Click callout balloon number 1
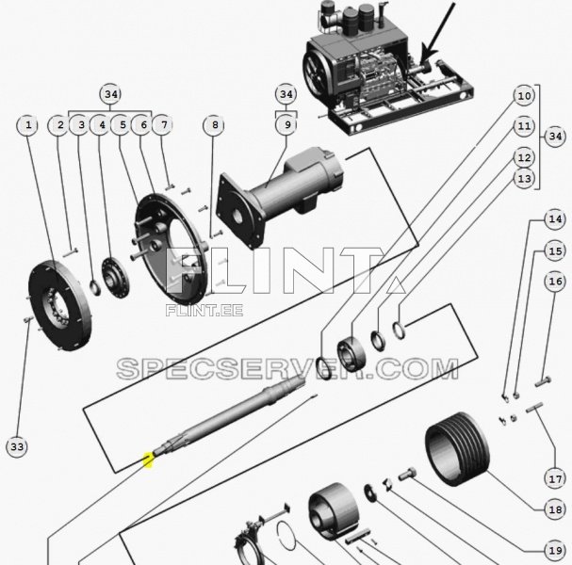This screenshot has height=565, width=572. point(29,124)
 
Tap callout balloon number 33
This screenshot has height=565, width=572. point(17,446)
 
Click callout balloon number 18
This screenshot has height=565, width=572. point(555,509)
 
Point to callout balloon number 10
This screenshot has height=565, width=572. point(525,95)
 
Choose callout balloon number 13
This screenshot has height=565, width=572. point(525,179)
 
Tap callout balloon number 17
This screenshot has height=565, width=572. point(555,478)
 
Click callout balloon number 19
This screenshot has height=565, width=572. point(555,551)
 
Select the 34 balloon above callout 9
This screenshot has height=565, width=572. point(286,95)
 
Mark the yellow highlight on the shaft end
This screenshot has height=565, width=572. point(147,460)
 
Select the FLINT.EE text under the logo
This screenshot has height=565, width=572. point(204,309)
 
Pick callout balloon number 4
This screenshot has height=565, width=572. point(100,124)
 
